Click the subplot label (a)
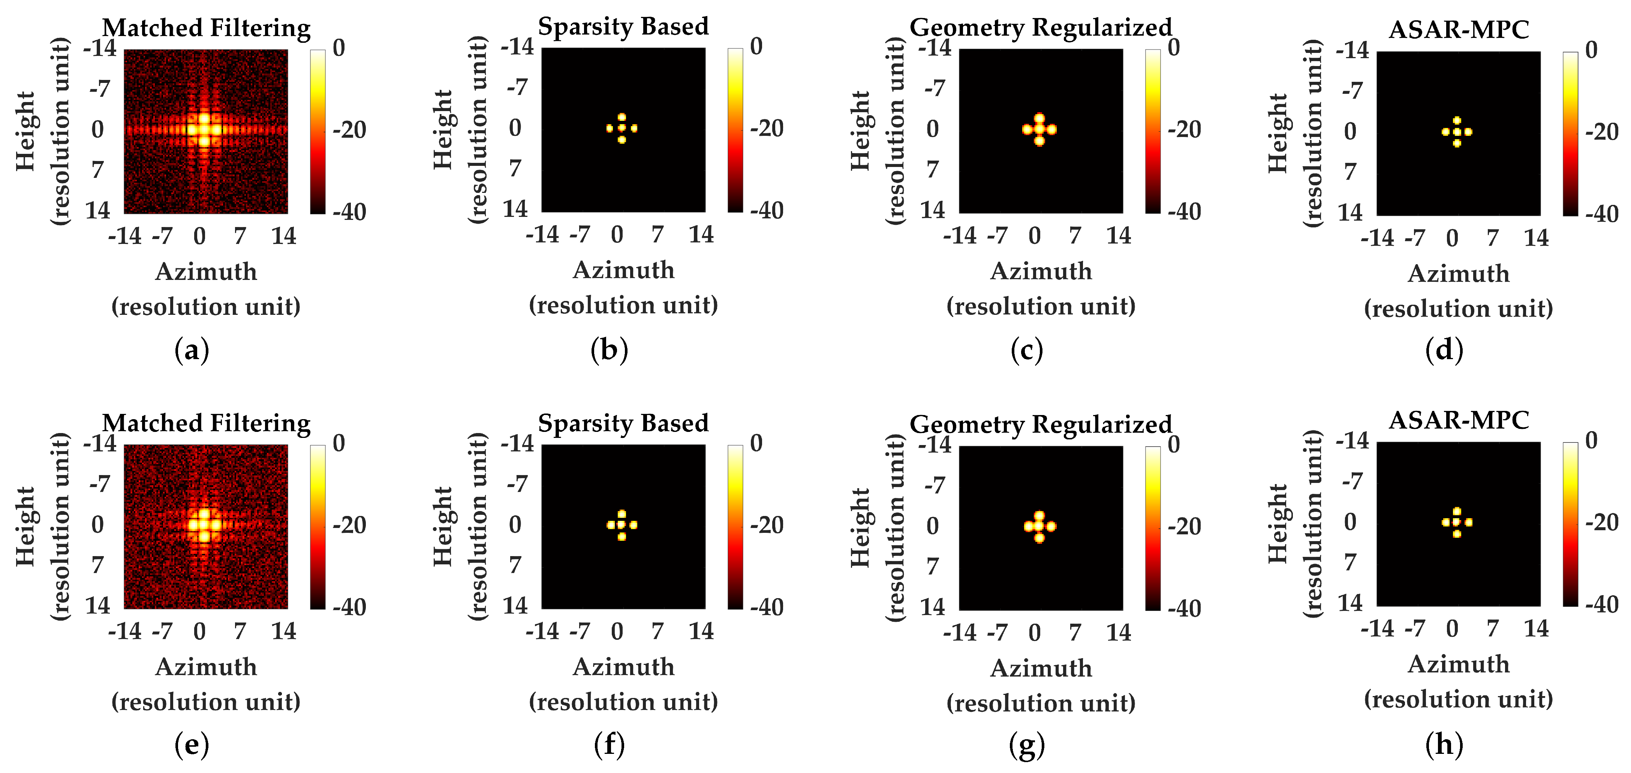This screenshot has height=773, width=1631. (191, 350)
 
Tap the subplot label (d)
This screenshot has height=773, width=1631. (1444, 350)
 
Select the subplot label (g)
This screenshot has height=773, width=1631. (1026, 745)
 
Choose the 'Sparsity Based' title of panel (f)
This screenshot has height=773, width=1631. (623, 423)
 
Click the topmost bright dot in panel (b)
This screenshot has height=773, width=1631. (622, 117)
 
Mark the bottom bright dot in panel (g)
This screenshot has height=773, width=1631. (1039, 538)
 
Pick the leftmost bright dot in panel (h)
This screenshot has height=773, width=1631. (1445, 522)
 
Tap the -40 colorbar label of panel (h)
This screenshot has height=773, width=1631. (1602, 605)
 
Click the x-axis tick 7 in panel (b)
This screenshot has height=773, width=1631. (657, 235)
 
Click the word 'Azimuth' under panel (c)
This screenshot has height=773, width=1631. (1041, 271)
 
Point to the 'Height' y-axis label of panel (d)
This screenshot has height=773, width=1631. (1278, 133)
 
